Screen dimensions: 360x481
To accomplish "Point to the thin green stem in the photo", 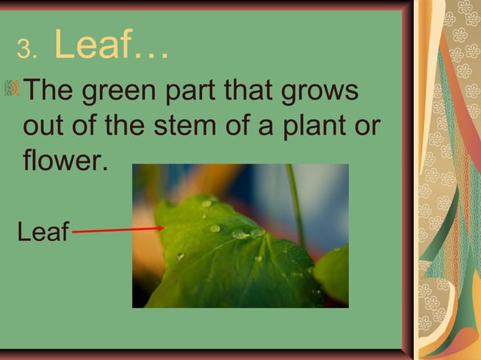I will pos(295,200).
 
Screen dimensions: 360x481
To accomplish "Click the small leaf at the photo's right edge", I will pos(333,273).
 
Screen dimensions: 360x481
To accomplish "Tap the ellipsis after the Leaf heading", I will pos(151,54).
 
